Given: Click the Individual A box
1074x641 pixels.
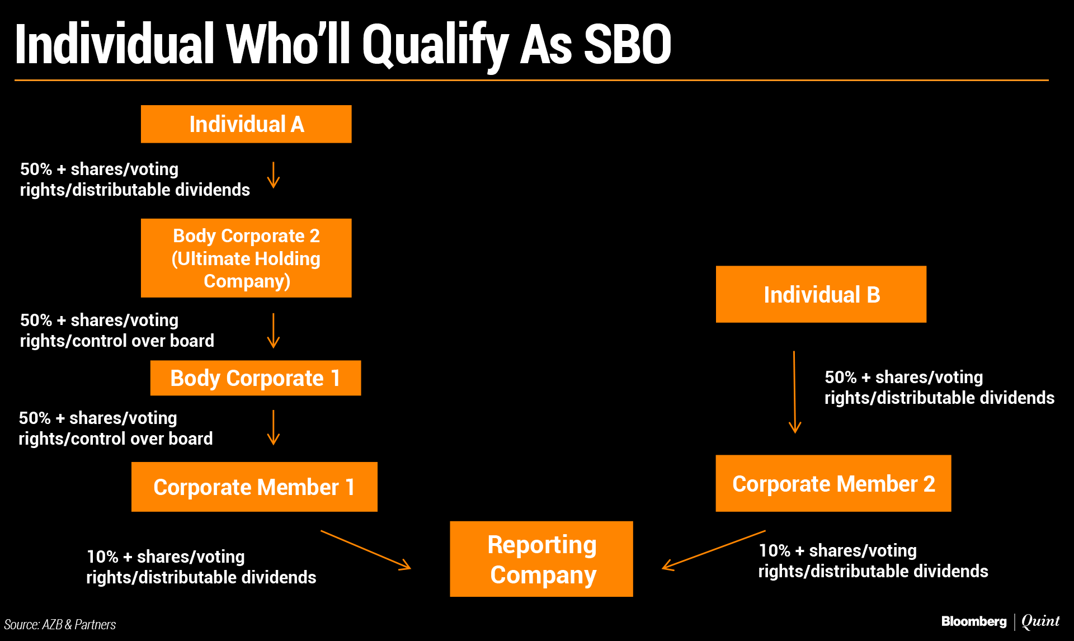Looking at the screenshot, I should click(246, 124).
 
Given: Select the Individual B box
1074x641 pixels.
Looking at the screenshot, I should click(821, 294).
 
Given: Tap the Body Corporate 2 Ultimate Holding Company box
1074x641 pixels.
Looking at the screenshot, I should click(246, 258).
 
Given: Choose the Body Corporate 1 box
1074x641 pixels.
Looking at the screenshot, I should click(256, 378).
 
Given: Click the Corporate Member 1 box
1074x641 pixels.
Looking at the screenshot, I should click(255, 487).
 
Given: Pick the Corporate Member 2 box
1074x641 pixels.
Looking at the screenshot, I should click(833, 483).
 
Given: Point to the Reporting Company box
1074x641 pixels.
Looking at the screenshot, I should click(541, 559).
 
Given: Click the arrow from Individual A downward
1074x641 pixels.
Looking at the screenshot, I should click(273, 175).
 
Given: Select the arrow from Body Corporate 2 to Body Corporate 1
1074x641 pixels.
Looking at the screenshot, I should click(273, 331).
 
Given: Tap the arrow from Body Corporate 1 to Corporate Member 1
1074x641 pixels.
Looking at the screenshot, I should click(273, 427).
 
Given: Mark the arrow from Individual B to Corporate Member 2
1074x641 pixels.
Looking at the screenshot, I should click(794, 392).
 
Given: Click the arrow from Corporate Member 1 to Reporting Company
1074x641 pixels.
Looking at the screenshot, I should click(366, 550).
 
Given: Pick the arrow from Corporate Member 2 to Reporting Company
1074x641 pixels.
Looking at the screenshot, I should click(713, 550).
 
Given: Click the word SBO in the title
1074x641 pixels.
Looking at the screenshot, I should click(627, 45).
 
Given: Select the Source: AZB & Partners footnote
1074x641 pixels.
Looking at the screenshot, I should click(60, 625).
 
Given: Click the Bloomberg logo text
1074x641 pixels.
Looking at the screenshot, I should click(973, 621).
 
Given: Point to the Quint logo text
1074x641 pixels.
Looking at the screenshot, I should click(1040, 621).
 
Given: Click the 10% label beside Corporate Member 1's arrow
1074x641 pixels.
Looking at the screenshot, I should click(102, 557).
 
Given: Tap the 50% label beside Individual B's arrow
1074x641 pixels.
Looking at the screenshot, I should click(840, 378).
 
